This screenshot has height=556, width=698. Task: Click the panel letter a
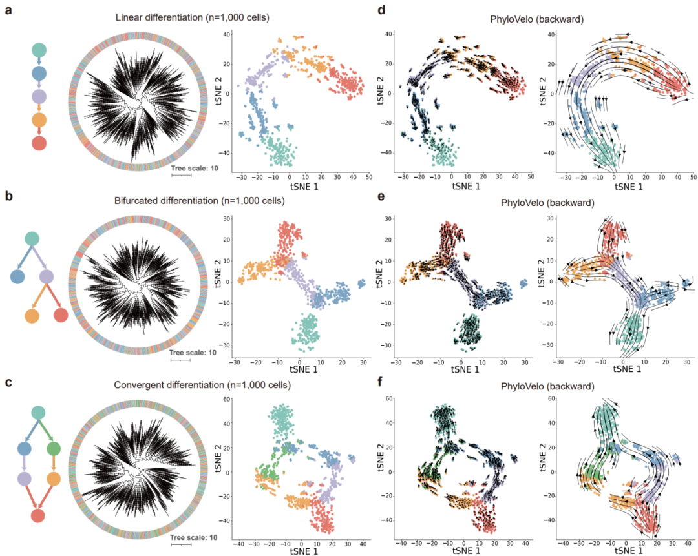coord(9,10)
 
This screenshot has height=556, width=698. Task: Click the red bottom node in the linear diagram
coord(39,145)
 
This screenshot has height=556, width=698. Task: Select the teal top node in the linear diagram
coord(39,50)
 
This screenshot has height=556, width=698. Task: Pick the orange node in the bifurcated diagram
coord(32,316)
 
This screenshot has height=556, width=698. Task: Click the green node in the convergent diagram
coord(54,448)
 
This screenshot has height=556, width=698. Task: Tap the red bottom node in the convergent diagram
coord(38,516)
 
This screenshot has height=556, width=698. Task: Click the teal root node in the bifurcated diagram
coord(32,238)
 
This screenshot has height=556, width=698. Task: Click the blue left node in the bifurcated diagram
coord(17,277)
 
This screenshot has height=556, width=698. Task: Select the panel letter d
coord(381,10)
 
